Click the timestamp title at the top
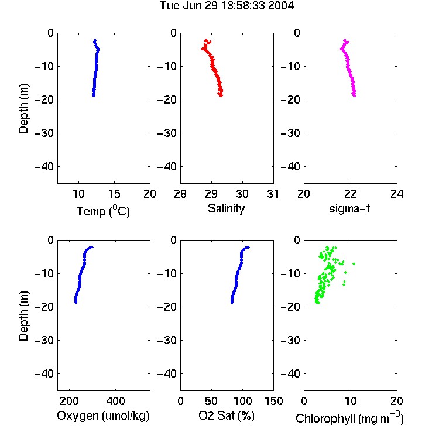[227, 6]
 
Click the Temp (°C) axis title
[103, 211]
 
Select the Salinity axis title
[226, 208]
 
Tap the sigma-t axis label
[349, 208]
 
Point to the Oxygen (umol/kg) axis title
[103, 416]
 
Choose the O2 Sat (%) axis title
[227, 416]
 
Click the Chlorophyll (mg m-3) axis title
[349, 418]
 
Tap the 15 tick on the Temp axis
[114, 194]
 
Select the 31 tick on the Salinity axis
[273, 194]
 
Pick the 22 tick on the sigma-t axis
[350, 194]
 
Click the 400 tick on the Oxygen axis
[115, 401]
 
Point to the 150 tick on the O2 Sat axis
[273, 401]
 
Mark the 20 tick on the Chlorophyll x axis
[397, 401]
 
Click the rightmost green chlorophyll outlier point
[354, 263]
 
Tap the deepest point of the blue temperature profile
[94, 95]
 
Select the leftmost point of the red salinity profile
[203, 49]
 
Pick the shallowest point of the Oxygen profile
[91, 247]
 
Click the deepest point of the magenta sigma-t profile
[355, 95]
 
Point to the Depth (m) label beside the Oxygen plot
[23, 316]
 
